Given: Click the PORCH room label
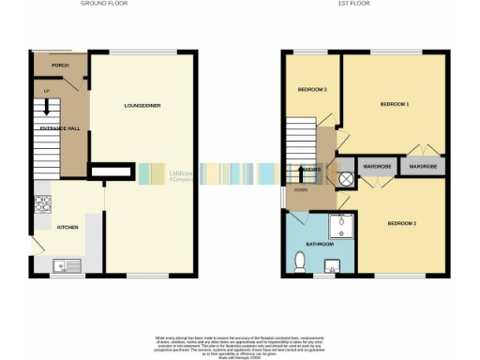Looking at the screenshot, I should [60, 66].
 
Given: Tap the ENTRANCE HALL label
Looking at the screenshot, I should [57, 127].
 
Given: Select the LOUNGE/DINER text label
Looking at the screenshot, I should [142, 106].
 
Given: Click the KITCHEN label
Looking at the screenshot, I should [68, 227].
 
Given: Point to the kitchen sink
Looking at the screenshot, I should [67, 263].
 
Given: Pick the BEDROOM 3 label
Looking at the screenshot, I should [312, 89].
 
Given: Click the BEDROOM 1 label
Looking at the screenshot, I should [394, 103].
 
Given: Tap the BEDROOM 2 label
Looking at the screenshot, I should [400, 222].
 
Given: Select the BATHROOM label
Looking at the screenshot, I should [318, 244].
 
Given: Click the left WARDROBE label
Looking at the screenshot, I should [377, 167].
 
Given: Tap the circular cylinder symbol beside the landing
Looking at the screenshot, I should [345, 177].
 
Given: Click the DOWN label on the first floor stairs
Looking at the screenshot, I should [300, 189].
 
